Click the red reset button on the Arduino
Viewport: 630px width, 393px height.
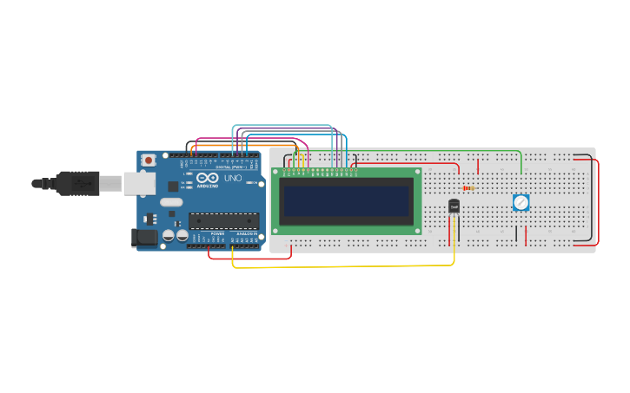click(x=149, y=160)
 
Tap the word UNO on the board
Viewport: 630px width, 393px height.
click(x=233, y=178)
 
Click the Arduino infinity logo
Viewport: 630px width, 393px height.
click(x=207, y=177)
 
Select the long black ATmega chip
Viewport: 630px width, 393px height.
click(x=223, y=220)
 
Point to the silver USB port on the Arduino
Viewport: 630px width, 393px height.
click(x=138, y=182)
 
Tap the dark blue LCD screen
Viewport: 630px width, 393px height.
click(x=346, y=201)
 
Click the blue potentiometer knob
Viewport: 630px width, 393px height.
click(x=521, y=202)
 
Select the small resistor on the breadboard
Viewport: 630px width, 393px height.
click(x=468, y=187)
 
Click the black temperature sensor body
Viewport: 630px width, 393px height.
click(x=454, y=206)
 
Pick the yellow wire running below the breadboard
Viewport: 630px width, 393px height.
click(x=348, y=266)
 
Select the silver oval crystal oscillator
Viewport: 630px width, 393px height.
click(x=171, y=202)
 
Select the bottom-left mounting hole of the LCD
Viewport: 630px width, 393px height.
click(x=276, y=231)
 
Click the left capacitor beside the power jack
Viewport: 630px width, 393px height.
click(x=169, y=235)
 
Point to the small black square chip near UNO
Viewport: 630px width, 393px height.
click(x=173, y=186)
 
